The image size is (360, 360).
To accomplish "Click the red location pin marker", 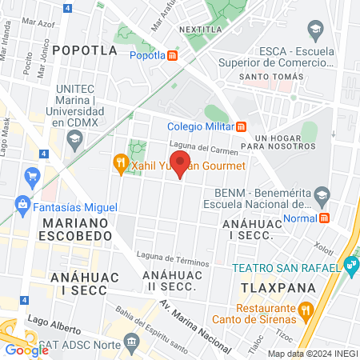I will [x=180, y=163].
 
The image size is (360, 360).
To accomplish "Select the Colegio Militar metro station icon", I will [x=242, y=126].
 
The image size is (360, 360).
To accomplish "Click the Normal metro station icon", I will [x=325, y=218].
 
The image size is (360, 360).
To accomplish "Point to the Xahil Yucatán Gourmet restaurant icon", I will [x=120, y=165].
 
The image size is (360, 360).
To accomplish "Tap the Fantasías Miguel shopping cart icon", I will [x=32, y=175].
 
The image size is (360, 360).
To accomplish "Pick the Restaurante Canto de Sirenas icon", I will [x=305, y=310].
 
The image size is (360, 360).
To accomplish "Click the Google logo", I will [x=26, y=350].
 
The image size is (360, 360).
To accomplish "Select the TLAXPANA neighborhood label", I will [x=274, y=286].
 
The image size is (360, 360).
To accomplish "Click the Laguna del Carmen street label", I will [x=204, y=148].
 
